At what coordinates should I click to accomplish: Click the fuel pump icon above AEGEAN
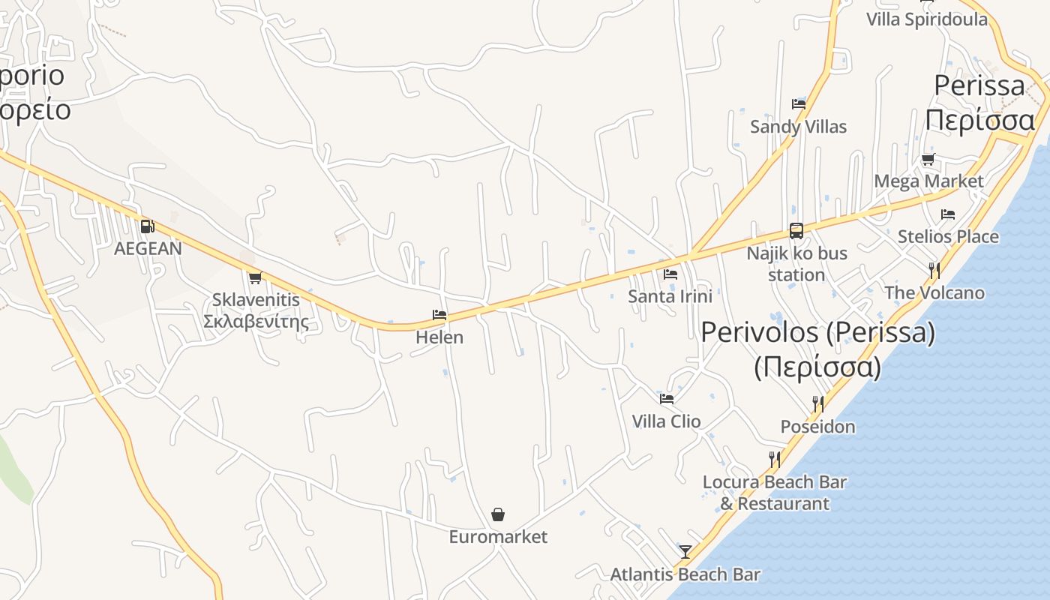pos(148,226)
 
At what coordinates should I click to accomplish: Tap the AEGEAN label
pos(148,248)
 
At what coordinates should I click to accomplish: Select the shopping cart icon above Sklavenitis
pos(255,278)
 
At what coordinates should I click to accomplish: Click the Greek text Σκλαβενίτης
pos(256,322)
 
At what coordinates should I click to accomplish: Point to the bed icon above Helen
pos(439,315)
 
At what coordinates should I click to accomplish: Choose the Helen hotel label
pos(439,337)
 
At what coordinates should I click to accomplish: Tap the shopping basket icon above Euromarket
pos(498,514)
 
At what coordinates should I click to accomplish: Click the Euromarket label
pos(498,537)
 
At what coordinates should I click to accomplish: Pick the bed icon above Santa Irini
pos(670,274)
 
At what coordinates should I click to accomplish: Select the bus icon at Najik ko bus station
pos(796,231)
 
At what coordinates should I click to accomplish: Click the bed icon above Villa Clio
pos(667,398)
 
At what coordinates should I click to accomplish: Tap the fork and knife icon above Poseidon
pos(818,404)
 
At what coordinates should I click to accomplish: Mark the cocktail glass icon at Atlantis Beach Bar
pos(685,552)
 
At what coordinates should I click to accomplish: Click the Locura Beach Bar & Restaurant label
pos(775,493)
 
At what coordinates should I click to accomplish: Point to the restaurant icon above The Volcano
pos(934,270)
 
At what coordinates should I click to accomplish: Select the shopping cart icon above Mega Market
pos(928,159)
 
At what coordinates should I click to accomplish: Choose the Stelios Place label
pos(948,237)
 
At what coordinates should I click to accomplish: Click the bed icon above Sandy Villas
pos(799,104)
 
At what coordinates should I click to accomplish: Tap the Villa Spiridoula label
pos(927,19)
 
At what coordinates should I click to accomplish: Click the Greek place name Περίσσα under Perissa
pos(979,120)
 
